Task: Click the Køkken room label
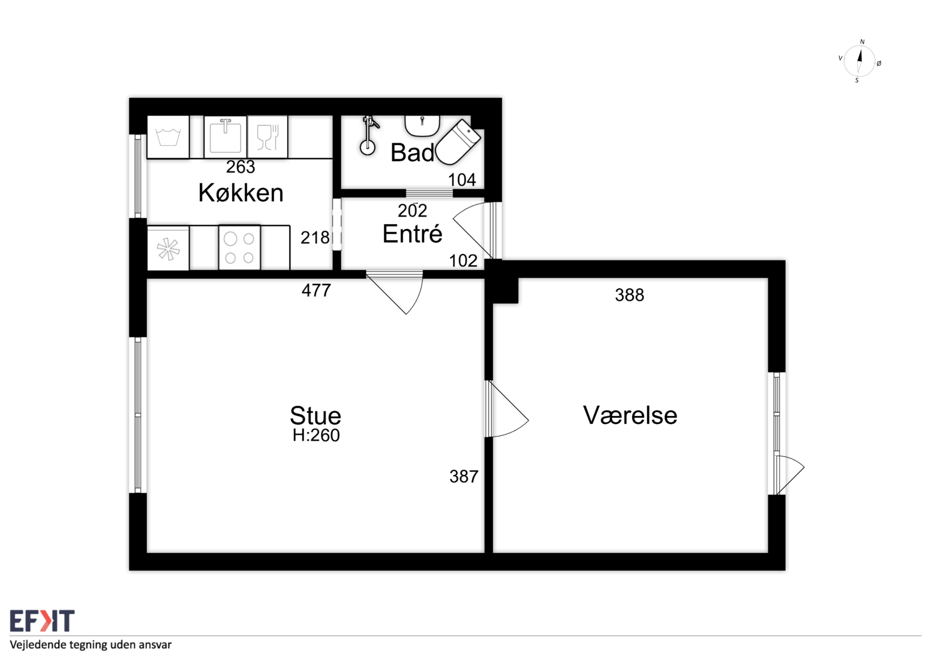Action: [x=241, y=193]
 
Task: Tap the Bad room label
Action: [x=413, y=153]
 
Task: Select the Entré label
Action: [x=412, y=234]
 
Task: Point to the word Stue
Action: [x=315, y=415]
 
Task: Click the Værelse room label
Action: [x=630, y=415]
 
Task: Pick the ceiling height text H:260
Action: [x=316, y=435]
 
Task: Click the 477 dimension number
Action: [x=316, y=290]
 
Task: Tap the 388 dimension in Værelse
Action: [x=630, y=295]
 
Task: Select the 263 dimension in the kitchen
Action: [x=240, y=167]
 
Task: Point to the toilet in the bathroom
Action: [x=458, y=143]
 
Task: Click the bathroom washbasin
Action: [x=422, y=125]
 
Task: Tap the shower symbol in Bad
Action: [x=369, y=136]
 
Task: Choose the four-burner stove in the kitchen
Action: [x=239, y=247]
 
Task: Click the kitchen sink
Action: [x=225, y=137]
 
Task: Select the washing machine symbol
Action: [x=168, y=137]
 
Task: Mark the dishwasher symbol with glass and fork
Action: [x=267, y=137]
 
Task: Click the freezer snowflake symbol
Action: [x=168, y=249]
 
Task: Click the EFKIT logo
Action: [x=42, y=621]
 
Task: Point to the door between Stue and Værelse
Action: [x=507, y=409]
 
